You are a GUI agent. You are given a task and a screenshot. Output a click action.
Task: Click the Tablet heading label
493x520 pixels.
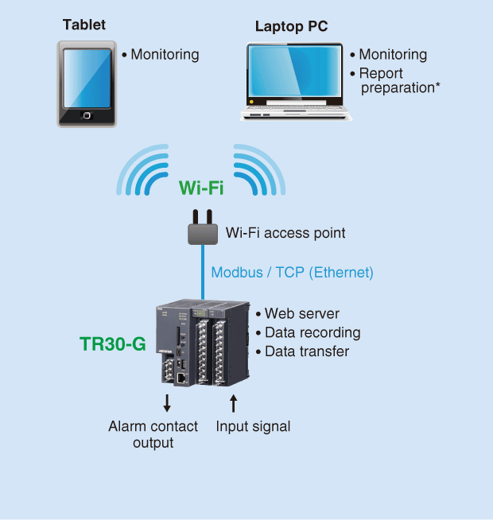tap(84, 25)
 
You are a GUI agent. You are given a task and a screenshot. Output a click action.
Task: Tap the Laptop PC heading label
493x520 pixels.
tap(291, 26)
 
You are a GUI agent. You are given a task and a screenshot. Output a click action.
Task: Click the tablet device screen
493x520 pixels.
tap(87, 78)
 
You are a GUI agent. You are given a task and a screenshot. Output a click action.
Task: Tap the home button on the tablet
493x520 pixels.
tap(87, 116)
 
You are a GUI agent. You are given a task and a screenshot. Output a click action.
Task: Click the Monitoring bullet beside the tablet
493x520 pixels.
tap(160, 55)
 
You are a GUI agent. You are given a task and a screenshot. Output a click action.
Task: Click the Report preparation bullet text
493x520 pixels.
tap(395, 80)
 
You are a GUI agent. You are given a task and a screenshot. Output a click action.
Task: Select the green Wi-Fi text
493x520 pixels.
tap(200, 188)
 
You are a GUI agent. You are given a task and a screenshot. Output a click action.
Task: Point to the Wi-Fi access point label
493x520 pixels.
tap(285, 233)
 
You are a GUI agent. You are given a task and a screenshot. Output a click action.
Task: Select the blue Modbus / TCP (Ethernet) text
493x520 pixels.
tap(292, 272)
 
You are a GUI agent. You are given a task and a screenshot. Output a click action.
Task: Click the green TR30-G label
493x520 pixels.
tap(112, 344)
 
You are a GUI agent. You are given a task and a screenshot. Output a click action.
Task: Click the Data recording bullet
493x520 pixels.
tap(307, 332)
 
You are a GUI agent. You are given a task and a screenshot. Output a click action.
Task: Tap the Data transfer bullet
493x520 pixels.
tap(301, 351)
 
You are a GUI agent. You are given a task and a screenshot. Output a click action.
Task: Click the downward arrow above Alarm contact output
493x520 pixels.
tap(167, 403)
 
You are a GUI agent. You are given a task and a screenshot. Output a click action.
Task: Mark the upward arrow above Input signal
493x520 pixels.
tap(233, 403)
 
